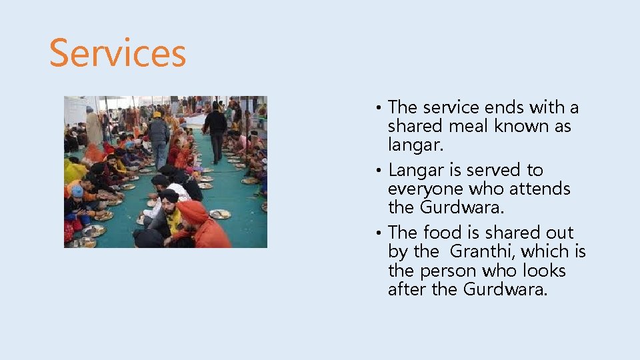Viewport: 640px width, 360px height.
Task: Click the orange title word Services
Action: [117, 53]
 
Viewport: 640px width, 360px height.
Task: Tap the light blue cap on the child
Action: [77, 191]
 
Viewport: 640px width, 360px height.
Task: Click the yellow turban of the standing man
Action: [157, 115]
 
